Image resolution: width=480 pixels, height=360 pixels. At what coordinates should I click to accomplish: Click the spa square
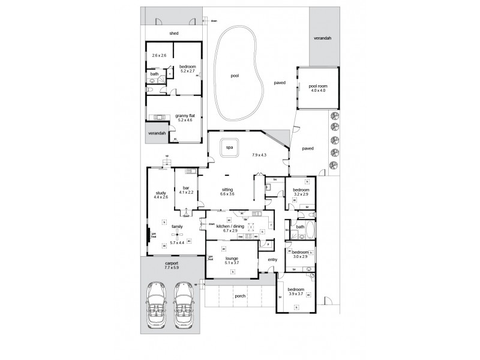tap(229, 148)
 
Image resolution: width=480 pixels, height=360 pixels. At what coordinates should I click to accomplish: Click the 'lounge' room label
tap(232, 258)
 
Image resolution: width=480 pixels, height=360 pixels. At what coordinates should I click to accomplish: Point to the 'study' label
tap(161, 193)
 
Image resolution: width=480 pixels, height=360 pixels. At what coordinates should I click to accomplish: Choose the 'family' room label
tap(176, 226)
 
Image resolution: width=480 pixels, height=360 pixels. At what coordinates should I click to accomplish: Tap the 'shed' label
tap(174, 33)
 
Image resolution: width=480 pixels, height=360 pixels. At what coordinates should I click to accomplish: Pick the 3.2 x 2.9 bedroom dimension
tap(300, 194)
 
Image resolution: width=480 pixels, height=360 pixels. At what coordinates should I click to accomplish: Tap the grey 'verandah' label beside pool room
tap(322, 38)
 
